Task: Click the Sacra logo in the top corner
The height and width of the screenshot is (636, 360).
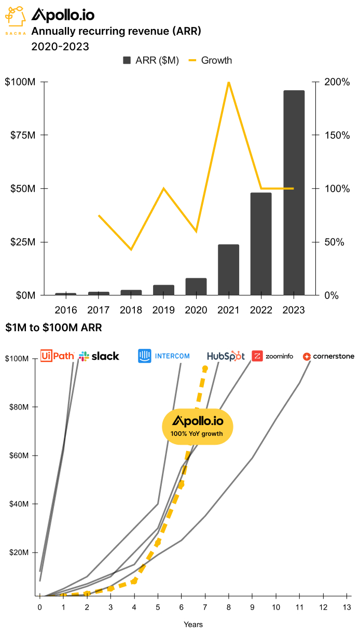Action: tap(16, 20)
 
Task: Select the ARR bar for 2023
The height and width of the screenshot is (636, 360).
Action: tap(294, 193)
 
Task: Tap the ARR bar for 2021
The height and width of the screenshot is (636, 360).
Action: tap(228, 270)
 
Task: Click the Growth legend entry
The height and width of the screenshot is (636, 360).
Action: tap(210, 61)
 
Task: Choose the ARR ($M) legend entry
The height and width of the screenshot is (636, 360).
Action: tap(150, 61)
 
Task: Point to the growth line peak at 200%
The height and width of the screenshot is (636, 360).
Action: tap(228, 82)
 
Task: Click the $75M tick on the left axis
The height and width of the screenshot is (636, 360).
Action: tap(23, 135)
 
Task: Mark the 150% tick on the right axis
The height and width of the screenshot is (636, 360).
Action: tap(333, 135)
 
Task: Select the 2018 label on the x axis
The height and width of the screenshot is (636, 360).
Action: tap(131, 310)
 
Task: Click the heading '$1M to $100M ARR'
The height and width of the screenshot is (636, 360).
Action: tap(53, 328)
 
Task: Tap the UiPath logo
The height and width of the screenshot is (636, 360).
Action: tap(57, 356)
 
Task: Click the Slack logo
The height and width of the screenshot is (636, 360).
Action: tap(99, 356)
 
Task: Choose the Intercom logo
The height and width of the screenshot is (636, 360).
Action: tap(164, 356)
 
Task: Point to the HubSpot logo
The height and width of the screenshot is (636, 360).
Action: tap(226, 356)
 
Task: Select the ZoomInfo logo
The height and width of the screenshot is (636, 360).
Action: tap(272, 356)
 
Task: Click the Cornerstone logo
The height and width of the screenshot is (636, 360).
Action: tap(328, 357)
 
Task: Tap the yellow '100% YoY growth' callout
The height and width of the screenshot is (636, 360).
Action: tap(198, 426)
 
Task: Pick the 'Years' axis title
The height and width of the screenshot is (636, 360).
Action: tap(193, 624)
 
